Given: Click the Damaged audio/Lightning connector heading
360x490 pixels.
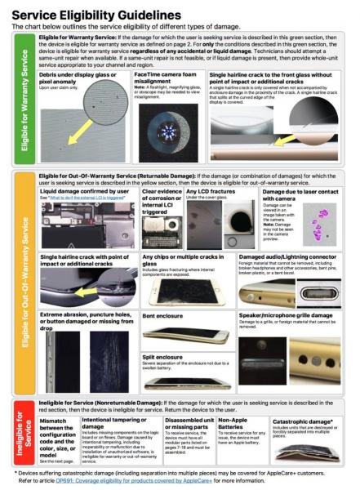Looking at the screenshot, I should click(x=282, y=256).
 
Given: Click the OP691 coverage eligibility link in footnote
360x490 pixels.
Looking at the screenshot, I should click(x=147, y=480).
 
